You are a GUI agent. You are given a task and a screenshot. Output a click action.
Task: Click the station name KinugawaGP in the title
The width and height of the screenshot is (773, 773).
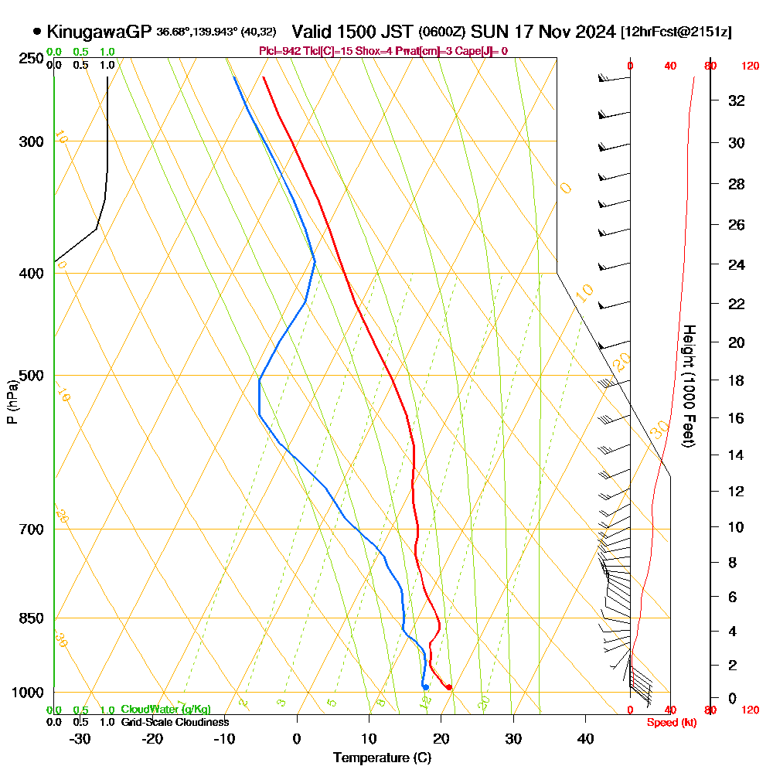coord(99,32)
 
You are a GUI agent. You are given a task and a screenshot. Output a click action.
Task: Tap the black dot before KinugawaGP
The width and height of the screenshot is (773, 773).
coord(37,32)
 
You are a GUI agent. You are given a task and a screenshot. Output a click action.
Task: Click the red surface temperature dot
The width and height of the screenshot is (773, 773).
coord(449,687)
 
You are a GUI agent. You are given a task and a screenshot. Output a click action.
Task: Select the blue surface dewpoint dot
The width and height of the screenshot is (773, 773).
coord(425,687)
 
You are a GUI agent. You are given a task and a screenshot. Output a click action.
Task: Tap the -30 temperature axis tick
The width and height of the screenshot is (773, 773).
coord(80,738)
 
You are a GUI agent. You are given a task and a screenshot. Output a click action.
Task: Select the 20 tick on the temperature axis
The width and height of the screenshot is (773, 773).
coord(441,738)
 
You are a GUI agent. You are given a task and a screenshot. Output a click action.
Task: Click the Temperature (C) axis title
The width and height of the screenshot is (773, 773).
coord(382,758)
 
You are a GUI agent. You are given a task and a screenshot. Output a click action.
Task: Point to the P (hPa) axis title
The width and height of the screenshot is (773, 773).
coord(12,402)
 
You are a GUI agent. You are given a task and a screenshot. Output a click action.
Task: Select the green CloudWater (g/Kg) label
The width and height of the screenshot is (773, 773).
coord(165,710)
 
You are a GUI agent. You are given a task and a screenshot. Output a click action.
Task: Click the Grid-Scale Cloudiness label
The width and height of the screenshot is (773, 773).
coord(175,722)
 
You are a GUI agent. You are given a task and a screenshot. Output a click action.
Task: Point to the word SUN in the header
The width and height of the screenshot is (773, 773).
coord(489,32)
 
